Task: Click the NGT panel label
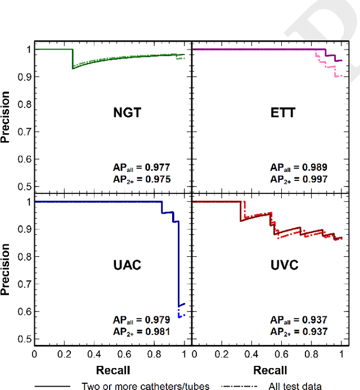pyautogui.click(x=127, y=113)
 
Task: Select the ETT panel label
pyautogui.click(x=283, y=113)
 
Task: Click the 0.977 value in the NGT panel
pyautogui.click(x=157, y=167)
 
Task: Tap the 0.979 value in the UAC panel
pyautogui.click(x=157, y=320)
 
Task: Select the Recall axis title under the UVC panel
pyautogui.click(x=270, y=370)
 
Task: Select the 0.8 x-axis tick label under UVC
pyautogui.click(x=312, y=355)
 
